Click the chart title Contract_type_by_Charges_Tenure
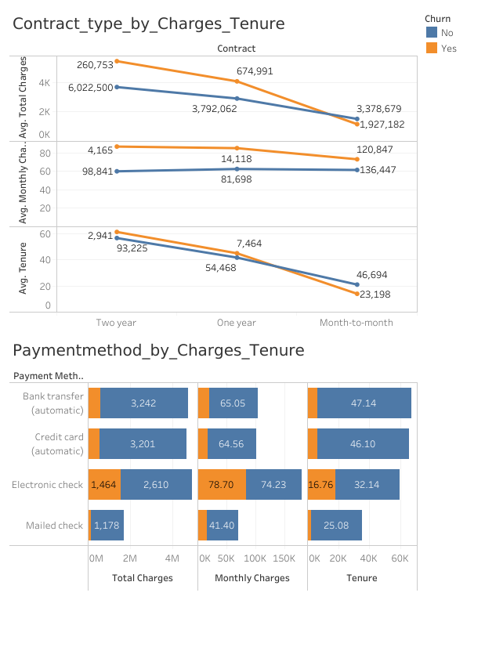tap(149, 24)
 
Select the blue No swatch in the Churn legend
tap(432, 33)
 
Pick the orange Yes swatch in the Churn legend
tap(432, 49)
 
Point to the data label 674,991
tap(255, 71)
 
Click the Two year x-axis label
tap(117, 323)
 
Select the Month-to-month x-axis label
tap(357, 323)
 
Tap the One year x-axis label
tap(237, 323)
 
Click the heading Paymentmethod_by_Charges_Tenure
tap(158, 350)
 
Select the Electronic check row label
tap(47, 485)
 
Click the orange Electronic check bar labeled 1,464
tap(104, 485)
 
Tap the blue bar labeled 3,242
tap(144, 403)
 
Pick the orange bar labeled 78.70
tap(222, 485)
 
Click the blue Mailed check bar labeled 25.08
tap(337, 526)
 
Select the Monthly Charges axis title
tap(252, 578)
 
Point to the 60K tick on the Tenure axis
tap(400, 558)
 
